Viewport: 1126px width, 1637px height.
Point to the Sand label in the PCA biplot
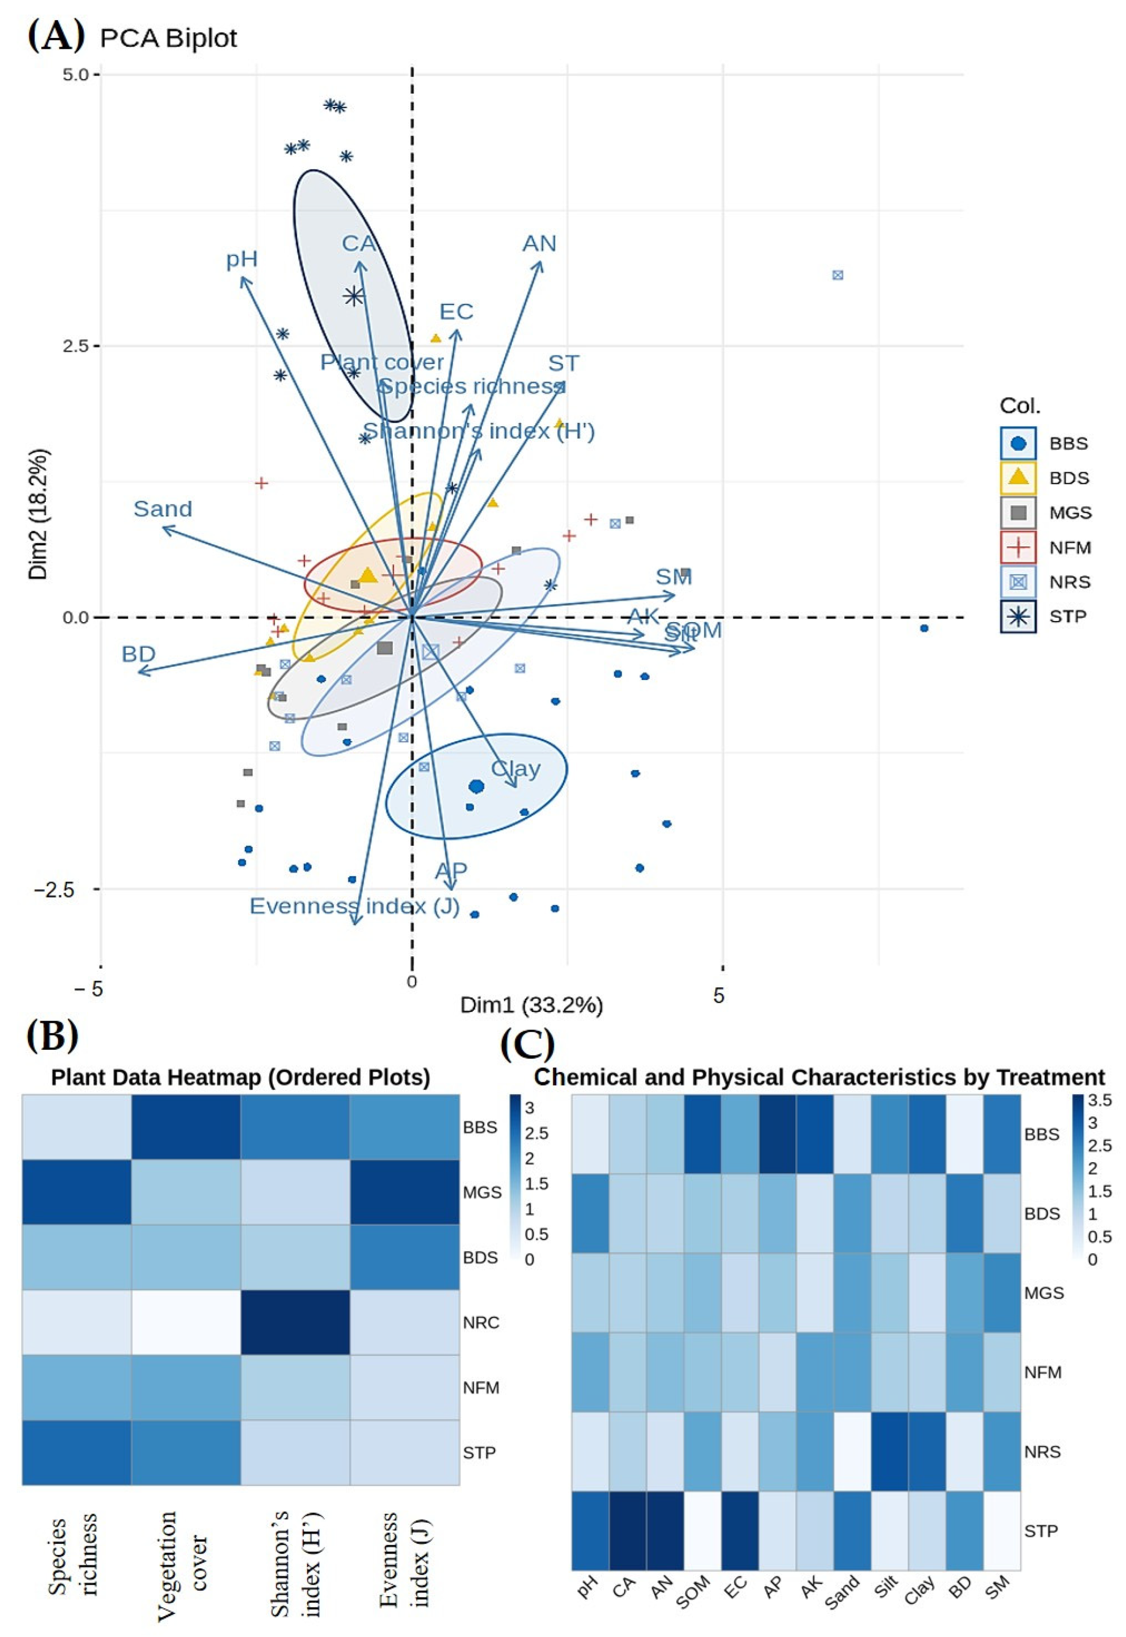coord(163,509)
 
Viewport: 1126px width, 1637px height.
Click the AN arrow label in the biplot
coord(539,244)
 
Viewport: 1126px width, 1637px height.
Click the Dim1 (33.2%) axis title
coord(531,1005)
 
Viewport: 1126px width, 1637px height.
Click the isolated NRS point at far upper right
coord(837,275)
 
